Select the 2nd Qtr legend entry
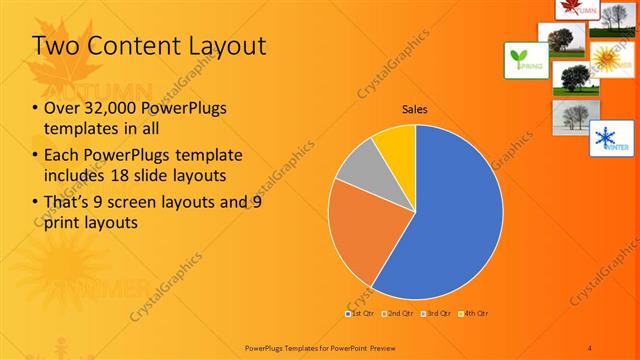point(399,314)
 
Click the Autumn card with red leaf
point(578,9)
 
